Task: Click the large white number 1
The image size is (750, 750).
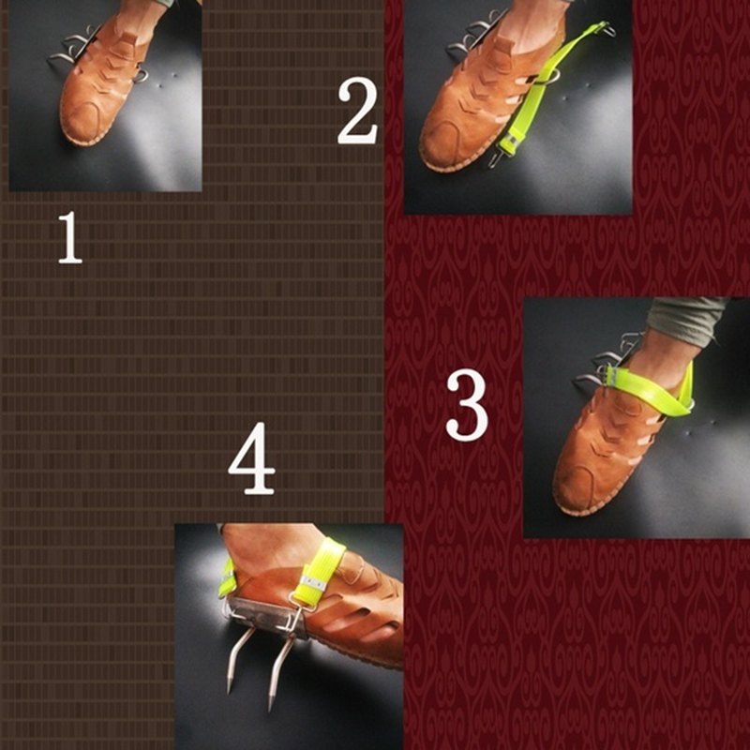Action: tap(69, 238)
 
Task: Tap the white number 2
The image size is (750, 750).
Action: tap(357, 111)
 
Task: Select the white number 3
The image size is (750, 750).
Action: tap(467, 405)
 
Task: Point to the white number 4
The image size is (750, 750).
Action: tap(251, 458)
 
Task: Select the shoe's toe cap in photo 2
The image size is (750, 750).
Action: tap(442, 143)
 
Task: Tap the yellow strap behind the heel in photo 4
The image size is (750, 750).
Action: tap(227, 577)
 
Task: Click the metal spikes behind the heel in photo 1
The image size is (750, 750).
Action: tap(72, 47)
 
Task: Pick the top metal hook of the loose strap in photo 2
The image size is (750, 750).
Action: tap(608, 29)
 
